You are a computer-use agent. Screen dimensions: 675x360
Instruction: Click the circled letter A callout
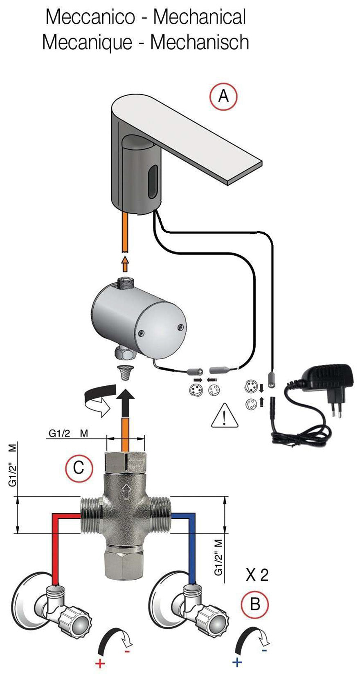[223, 97]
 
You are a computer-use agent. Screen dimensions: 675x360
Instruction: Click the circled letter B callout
[255, 604]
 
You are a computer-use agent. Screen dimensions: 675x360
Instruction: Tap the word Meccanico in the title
[90, 17]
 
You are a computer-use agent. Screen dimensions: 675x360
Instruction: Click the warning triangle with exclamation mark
[225, 416]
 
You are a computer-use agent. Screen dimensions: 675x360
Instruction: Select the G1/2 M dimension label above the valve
[68, 433]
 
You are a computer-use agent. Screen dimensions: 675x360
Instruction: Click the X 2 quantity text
[257, 575]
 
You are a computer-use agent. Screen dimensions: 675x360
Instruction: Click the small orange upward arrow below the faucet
[125, 264]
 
